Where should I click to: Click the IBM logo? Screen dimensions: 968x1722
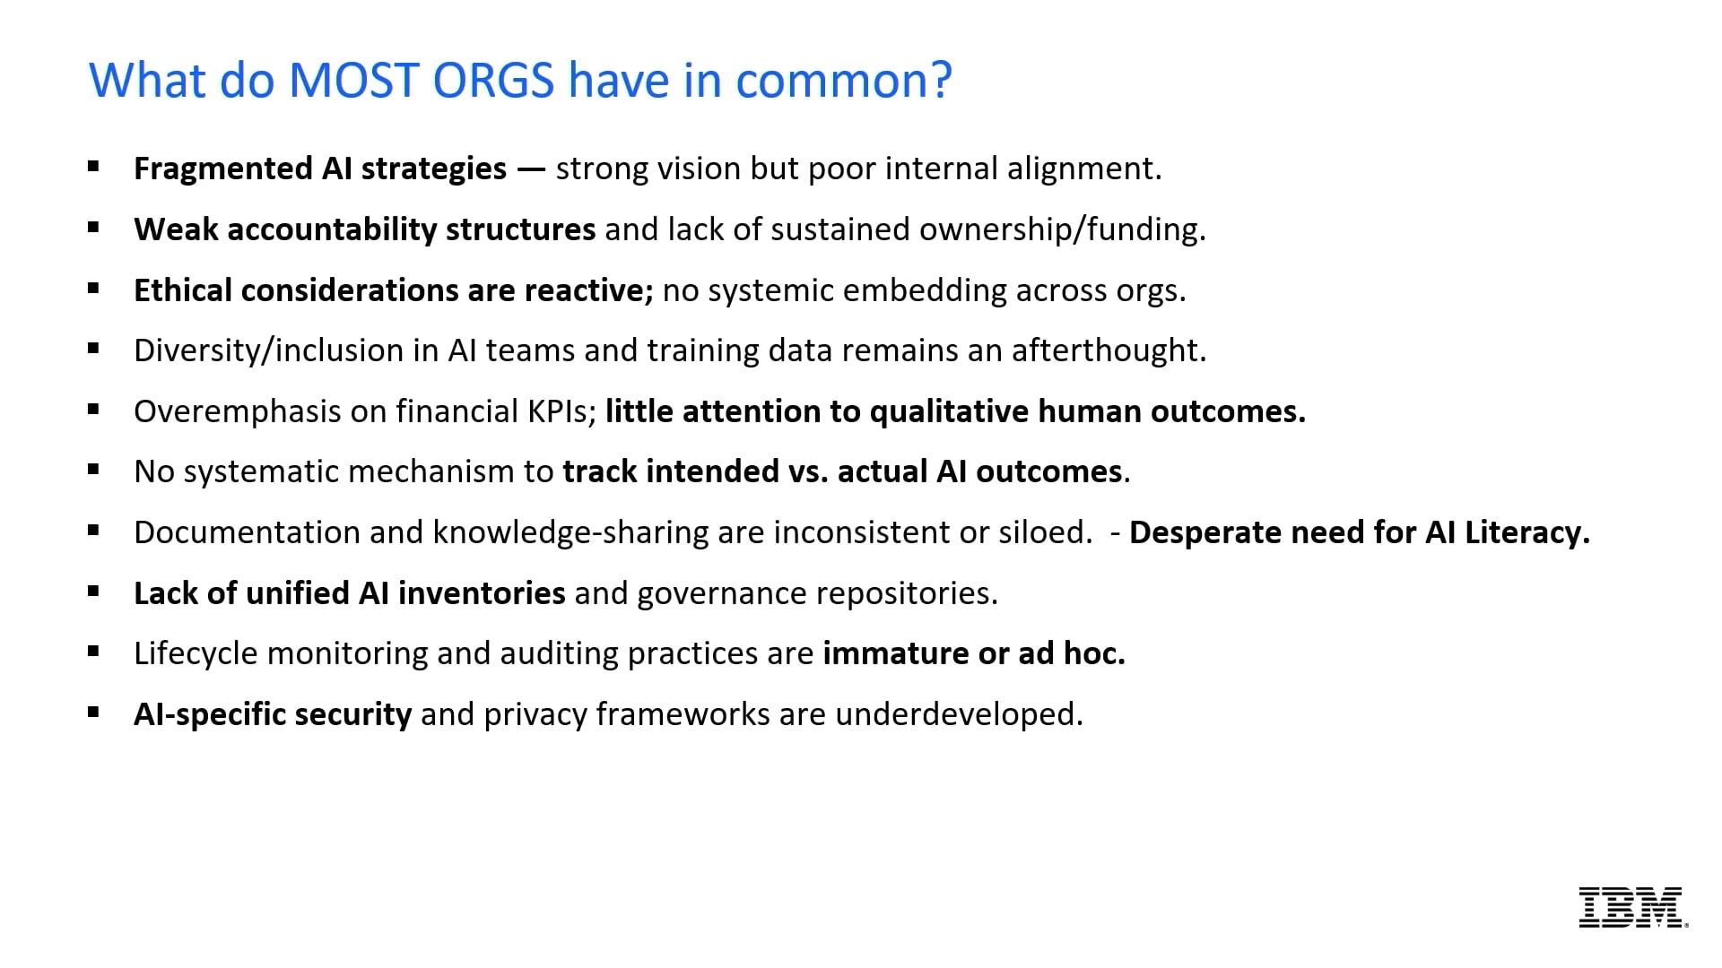pos(1632,907)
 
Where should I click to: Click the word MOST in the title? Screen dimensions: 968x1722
pos(353,81)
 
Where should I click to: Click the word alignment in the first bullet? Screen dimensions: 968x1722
pos(1083,169)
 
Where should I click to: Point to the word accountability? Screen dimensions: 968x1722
pos(331,230)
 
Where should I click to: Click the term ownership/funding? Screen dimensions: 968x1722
pos(1062,230)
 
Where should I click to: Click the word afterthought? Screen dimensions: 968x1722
pos(1109,350)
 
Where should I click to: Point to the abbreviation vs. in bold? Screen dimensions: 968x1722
pos(807,471)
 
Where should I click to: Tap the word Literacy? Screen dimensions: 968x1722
pos(1526,532)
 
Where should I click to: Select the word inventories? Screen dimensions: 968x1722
pos(481,593)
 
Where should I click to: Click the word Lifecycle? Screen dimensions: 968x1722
pos(196,653)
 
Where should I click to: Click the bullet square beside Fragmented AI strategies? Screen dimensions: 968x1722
pos(93,166)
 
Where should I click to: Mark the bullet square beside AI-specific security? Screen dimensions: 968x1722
pos(93,713)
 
